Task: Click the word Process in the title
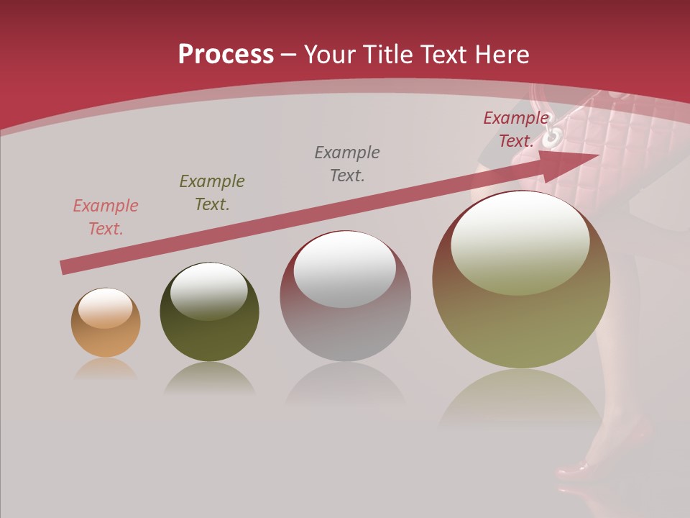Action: [226, 55]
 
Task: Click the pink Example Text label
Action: [106, 217]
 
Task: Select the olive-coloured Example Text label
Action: [212, 193]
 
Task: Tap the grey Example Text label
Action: [347, 164]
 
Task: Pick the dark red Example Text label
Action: [515, 129]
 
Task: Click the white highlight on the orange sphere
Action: [106, 308]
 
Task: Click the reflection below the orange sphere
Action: [106, 368]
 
